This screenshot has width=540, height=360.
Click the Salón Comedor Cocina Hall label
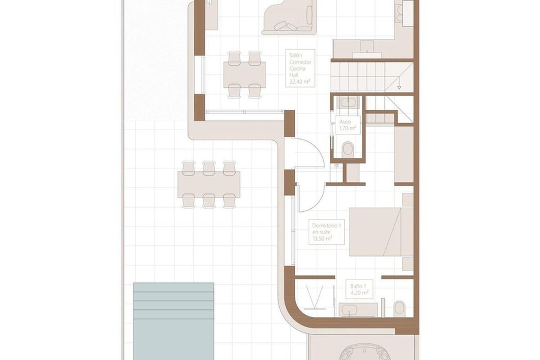(x=300, y=68)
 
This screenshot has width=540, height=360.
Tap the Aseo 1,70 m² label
(x=347, y=125)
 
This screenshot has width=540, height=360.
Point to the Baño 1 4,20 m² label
(x=359, y=289)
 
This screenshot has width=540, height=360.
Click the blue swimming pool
(x=174, y=321)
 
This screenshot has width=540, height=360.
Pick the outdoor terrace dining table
(x=209, y=184)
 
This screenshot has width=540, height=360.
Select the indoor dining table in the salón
(x=244, y=75)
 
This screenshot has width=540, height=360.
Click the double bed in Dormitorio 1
(x=382, y=231)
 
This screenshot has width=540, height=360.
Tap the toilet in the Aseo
(x=347, y=149)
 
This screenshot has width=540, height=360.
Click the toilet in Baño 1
(x=400, y=309)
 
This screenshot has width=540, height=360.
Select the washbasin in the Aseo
(x=348, y=103)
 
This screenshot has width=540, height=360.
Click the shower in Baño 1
(x=315, y=298)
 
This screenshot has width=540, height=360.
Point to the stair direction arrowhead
(x=399, y=88)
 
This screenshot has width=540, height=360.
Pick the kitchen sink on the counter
(x=367, y=46)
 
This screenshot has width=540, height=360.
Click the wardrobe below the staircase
(x=404, y=154)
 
